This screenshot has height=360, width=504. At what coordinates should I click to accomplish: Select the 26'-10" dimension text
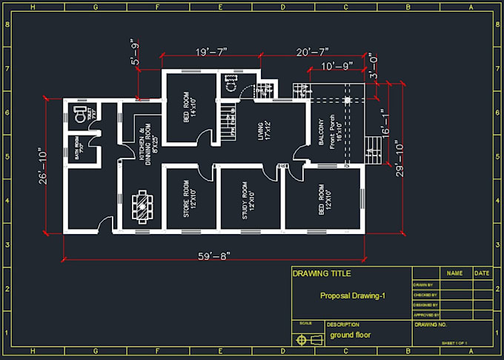[x=44, y=167]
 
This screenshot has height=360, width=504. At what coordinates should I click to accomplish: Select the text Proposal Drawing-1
[x=352, y=296]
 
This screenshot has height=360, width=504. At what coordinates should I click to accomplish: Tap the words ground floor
[x=350, y=335]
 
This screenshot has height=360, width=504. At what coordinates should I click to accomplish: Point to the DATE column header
[x=482, y=273]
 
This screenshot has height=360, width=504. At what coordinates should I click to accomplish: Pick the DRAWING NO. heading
[x=431, y=324]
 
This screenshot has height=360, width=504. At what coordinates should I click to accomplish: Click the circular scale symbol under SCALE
[x=302, y=339]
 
